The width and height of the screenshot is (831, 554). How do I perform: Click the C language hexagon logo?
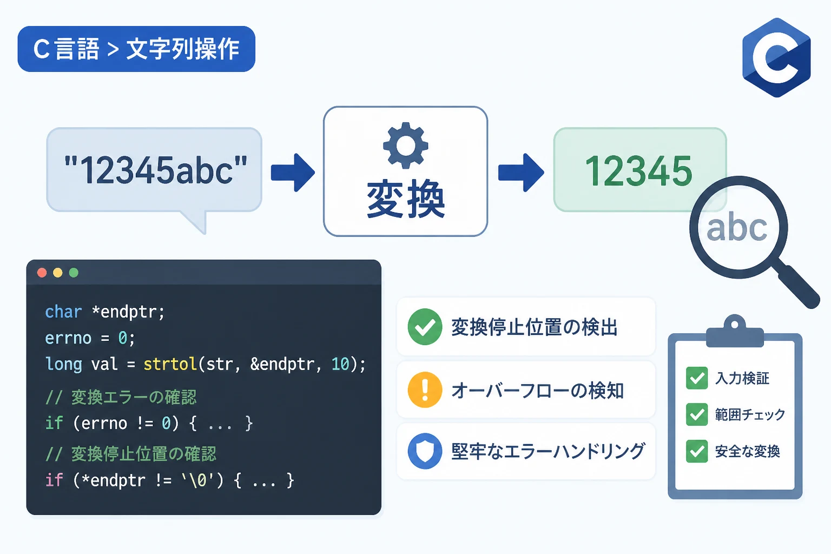point(776,57)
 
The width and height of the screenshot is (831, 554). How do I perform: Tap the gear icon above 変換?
point(405,145)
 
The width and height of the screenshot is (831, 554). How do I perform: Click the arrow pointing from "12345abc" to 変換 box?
point(293,173)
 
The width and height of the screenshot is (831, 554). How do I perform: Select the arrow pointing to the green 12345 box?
point(521,173)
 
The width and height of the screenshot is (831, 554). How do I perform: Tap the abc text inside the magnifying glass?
point(737,227)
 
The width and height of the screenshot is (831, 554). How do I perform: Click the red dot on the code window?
point(42,273)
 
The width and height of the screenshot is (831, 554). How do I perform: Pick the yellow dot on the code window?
point(58,273)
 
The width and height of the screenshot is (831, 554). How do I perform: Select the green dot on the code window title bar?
point(74,273)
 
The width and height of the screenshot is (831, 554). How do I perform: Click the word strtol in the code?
point(170,364)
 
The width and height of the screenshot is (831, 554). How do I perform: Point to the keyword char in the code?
point(63,312)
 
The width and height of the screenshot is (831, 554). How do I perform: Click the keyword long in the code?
point(63,365)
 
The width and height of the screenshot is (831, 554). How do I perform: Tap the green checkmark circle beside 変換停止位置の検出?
point(425,327)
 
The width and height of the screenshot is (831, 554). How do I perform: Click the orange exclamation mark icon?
point(425,390)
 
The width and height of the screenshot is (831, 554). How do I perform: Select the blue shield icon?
point(425,451)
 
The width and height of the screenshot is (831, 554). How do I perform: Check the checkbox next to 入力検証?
point(697,378)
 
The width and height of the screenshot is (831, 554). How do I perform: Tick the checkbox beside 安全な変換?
point(697,451)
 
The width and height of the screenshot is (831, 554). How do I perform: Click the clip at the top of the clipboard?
point(735,332)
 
